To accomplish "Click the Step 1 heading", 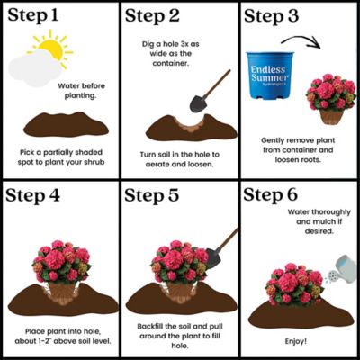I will point(37,18).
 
